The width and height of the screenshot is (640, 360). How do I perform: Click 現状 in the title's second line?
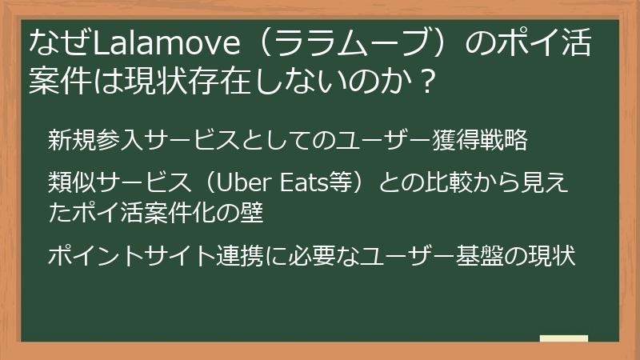point(156,82)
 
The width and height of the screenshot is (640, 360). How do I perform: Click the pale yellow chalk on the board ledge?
point(563,338)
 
